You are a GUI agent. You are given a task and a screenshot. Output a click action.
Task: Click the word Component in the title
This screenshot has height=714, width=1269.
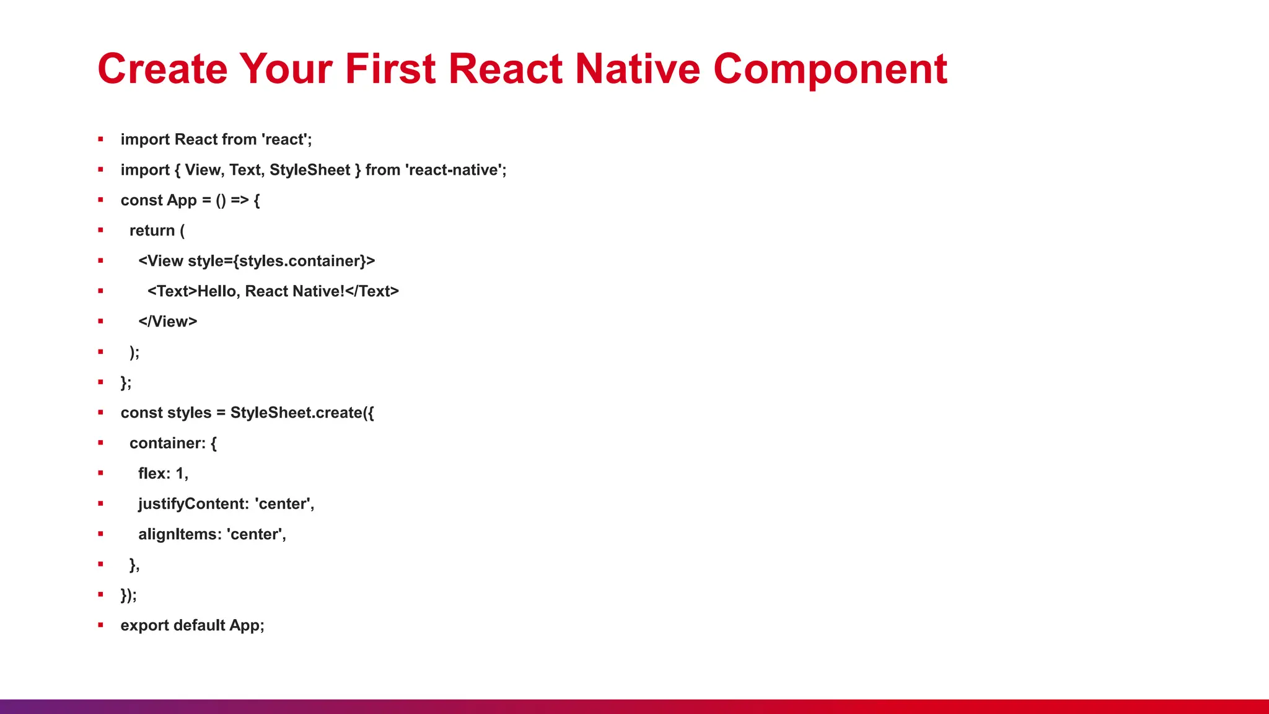click(x=830, y=69)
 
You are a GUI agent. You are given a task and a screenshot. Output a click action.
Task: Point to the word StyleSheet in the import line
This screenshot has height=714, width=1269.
click(x=310, y=170)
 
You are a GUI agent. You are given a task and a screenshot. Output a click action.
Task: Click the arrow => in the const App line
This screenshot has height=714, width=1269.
click(x=240, y=200)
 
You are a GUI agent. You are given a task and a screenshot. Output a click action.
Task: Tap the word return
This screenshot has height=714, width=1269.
click(x=152, y=231)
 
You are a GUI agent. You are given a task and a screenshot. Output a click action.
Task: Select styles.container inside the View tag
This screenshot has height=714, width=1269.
click(x=300, y=261)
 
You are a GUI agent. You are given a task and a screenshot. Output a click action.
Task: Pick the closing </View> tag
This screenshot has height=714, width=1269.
click(x=167, y=322)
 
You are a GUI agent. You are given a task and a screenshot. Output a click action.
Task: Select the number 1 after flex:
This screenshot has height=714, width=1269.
click(x=180, y=474)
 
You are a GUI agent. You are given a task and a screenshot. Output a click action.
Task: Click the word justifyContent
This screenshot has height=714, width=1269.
click(x=193, y=504)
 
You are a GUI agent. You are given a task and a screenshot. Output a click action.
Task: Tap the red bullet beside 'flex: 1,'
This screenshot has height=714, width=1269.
click(x=100, y=474)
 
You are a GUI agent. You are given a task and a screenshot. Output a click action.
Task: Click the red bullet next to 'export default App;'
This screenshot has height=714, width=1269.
click(x=100, y=625)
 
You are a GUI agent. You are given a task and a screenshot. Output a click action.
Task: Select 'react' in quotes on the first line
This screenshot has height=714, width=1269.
click(x=284, y=139)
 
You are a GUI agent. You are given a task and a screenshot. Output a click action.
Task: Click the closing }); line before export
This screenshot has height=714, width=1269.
click(x=128, y=595)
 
